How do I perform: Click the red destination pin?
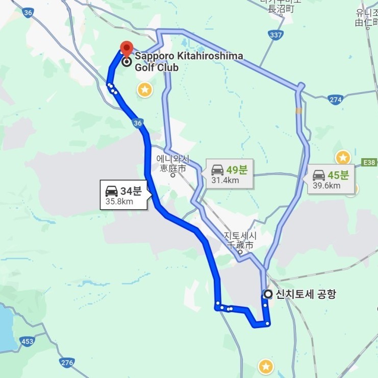click(125, 49)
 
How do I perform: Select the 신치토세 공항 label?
click(306, 294)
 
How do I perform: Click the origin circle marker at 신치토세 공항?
click(267, 294)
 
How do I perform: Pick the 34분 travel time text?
click(131, 191)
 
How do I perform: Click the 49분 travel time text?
click(237, 169)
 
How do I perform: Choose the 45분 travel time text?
click(338, 175)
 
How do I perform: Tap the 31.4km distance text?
click(225, 180)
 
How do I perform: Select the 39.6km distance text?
click(326, 185)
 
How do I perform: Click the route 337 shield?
click(275, 34)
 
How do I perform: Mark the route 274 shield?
click(335, 100)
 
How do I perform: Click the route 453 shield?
click(27, 340)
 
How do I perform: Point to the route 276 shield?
click(67, 363)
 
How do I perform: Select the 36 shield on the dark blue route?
click(137, 123)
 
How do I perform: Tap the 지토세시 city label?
click(240, 240)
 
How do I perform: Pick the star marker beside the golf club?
click(145, 90)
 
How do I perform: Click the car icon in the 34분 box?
click(111, 191)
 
